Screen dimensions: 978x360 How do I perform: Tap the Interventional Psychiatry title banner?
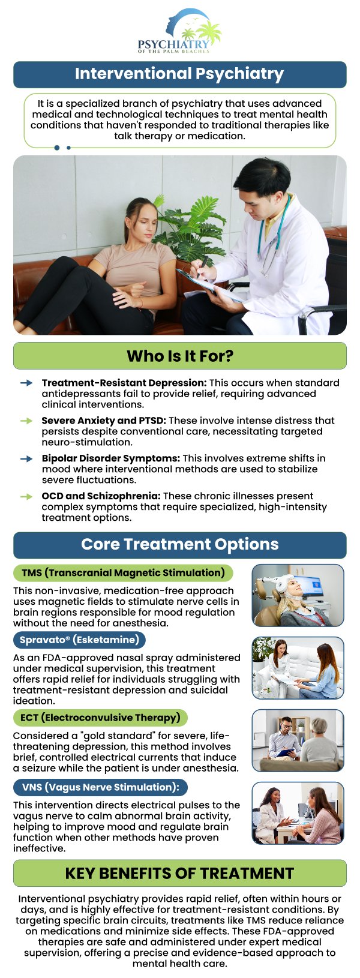[x=180, y=74]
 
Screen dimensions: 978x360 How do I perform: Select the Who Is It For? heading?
[x=180, y=356]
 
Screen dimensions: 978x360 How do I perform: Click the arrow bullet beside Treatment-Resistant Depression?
[x=26, y=383]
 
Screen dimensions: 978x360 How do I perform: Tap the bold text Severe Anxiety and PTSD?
[x=104, y=421]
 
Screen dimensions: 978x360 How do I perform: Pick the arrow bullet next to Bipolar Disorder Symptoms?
[x=26, y=458]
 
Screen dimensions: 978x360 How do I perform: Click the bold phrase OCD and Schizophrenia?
[x=101, y=496]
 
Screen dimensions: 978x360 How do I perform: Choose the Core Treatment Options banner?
[x=180, y=545]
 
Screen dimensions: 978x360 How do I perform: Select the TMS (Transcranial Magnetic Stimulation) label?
[x=123, y=573]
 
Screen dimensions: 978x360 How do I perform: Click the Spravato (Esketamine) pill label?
[x=79, y=640]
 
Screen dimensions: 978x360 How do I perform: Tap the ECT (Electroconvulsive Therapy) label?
[x=100, y=718]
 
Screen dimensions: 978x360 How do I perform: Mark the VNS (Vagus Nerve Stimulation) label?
[x=100, y=787]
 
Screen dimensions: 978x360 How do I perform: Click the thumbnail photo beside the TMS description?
[x=298, y=595]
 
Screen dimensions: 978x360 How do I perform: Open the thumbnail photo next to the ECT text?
[x=298, y=740]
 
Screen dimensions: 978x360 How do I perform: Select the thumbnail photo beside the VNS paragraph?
[x=298, y=813]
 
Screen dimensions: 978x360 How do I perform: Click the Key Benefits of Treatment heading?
[x=180, y=873]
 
